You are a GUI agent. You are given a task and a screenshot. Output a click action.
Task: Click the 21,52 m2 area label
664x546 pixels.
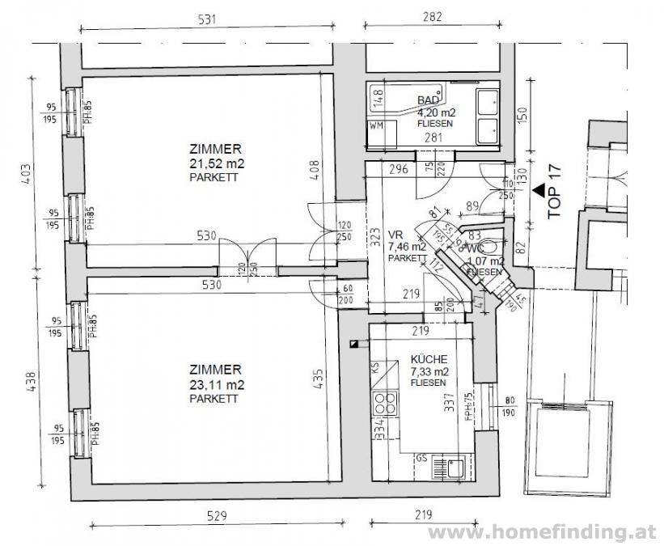215,163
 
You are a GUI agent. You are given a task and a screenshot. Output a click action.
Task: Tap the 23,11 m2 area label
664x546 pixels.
215,386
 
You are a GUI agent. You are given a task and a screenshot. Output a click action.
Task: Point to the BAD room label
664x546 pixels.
427,100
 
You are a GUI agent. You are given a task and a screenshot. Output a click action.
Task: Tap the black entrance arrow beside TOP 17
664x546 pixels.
539,191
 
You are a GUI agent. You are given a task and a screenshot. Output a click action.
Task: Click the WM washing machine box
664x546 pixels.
376,126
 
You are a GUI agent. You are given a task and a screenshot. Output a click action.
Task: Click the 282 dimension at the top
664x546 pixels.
434,18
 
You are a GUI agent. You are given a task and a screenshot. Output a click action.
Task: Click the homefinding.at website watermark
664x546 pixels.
543,531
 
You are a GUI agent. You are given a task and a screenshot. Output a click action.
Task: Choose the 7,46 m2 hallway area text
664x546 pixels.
408,247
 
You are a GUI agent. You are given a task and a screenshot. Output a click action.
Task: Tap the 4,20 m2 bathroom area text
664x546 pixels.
434,112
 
